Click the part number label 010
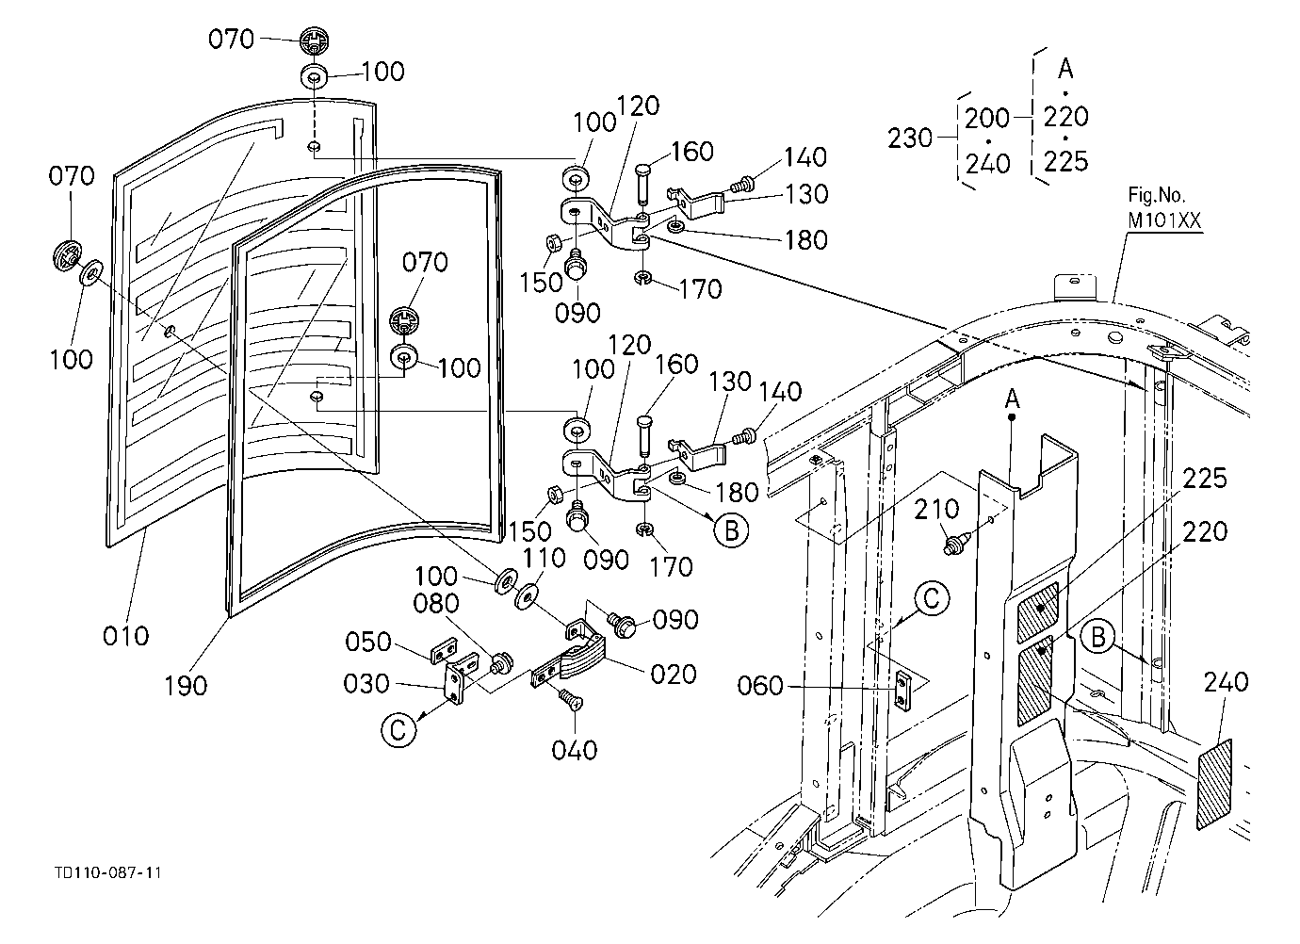click(x=126, y=636)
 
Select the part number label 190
click(x=186, y=686)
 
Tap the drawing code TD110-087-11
click(x=108, y=872)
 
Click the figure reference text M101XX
click(x=1164, y=220)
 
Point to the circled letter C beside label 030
click(x=398, y=730)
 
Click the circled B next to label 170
click(x=731, y=530)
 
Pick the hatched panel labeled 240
click(x=1214, y=784)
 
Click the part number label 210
click(x=936, y=510)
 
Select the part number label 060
click(x=760, y=686)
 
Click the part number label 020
click(x=674, y=675)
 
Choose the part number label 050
click(x=368, y=643)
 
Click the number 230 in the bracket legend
click(x=910, y=138)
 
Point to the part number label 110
click(x=544, y=558)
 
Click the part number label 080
click(x=436, y=604)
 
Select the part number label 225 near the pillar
click(x=1205, y=479)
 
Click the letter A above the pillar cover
click(x=1012, y=399)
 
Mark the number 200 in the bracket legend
click(x=987, y=119)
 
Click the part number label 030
click(x=366, y=684)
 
